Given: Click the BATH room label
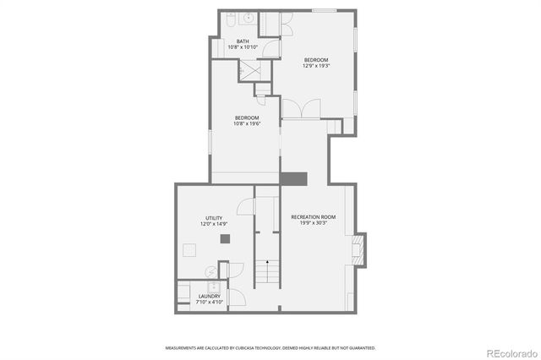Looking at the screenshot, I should click(x=243, y=41).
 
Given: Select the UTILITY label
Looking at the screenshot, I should click(x=213, y=218).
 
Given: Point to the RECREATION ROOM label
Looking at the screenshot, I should click(x=313, y=217).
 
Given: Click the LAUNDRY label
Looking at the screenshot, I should click(x=209, y=296).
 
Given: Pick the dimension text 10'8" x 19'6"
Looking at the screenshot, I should click(x=247, y=123).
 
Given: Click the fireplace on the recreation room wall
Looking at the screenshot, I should click(x=360, y=249).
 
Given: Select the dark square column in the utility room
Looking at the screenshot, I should click(x=226, y=239).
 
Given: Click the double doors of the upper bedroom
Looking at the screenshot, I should click(x=302, y=109).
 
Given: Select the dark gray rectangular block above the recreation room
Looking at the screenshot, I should click(x=293, y=178).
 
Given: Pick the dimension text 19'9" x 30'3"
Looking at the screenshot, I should click(x=313, y=224).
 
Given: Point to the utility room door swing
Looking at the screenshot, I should click(x=244, y=205).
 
